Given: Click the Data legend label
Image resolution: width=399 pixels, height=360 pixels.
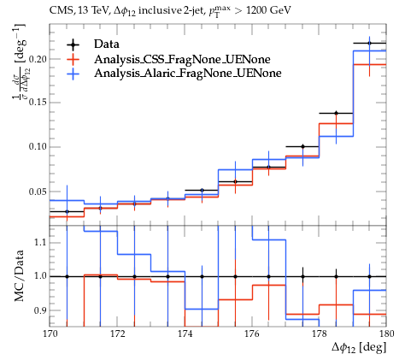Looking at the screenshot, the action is coord(107,44).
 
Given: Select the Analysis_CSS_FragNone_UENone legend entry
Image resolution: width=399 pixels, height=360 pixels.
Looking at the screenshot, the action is coord(182,59).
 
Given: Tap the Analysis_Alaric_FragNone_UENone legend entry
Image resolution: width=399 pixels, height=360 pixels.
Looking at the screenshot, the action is coord(188,74).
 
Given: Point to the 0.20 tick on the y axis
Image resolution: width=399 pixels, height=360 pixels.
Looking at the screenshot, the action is coord(37,59).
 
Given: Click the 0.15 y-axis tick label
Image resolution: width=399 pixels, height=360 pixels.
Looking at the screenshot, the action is coord(37,103).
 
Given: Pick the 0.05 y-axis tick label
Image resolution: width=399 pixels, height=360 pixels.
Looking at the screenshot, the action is coord(37,192).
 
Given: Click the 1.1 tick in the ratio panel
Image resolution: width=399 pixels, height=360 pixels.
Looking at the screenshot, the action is coord(39,243).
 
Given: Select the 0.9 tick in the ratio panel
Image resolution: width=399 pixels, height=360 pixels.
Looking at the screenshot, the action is coord(39,310).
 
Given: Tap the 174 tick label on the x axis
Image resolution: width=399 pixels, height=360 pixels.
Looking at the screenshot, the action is coord(185,333).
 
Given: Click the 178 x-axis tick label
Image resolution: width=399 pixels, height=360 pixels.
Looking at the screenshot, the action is coord(319,333).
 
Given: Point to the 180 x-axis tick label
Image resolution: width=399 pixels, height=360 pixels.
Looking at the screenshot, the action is coord(386,333).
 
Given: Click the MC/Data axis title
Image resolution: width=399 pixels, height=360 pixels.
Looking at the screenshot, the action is coord(19,276).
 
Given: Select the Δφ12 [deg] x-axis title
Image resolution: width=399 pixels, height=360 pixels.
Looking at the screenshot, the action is coord(359,348).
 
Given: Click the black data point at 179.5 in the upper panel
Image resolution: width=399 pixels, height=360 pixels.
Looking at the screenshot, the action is coord(370,43).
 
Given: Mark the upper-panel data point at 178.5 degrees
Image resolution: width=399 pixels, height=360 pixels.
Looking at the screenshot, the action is coord(336,113).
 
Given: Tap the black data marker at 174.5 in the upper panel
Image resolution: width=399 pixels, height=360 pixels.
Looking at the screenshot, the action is coord(202,190).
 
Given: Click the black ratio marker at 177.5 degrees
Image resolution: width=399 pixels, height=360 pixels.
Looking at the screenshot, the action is coord(302,276).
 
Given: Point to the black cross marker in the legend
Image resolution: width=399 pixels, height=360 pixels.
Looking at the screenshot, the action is coord(73,44).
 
